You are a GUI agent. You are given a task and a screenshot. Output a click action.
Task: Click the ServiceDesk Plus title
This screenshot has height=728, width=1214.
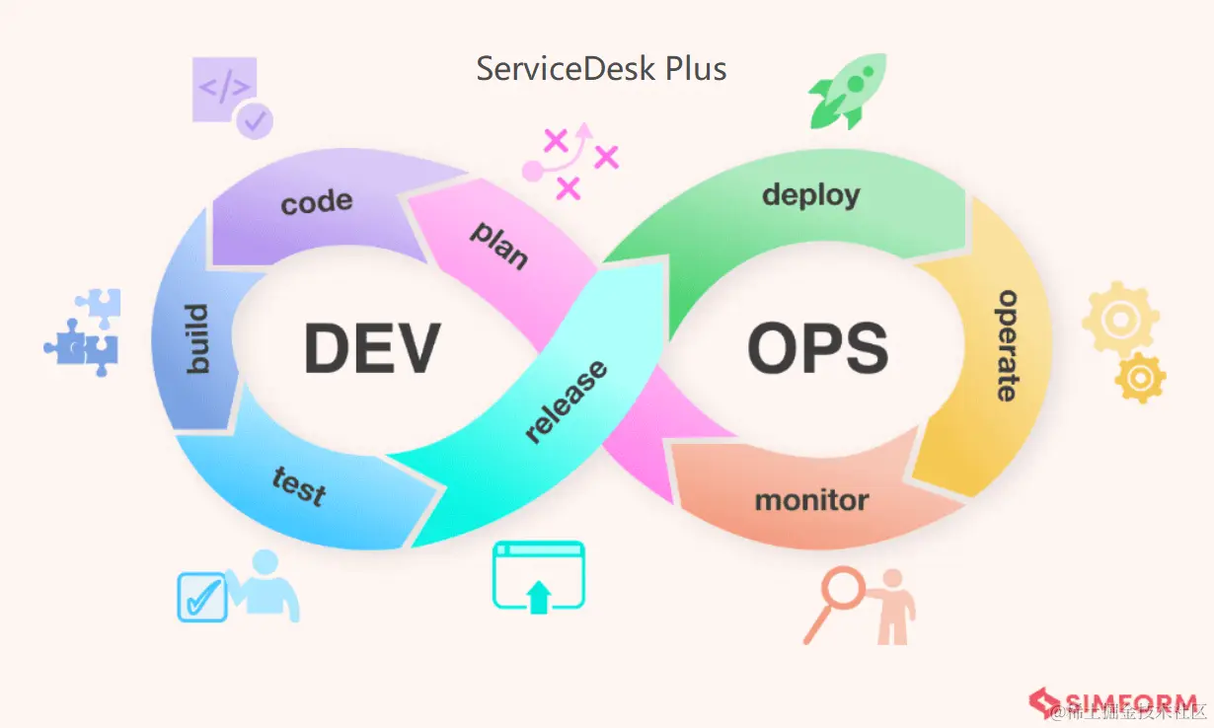[x=601, y=69]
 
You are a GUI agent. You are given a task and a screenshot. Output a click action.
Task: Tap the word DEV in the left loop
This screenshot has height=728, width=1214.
[x=371, y=347]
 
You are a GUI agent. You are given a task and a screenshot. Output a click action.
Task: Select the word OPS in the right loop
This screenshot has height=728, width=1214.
[x=817, y=347]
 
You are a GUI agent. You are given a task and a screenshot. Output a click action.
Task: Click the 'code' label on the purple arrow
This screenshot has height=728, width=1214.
[x=317, y=202]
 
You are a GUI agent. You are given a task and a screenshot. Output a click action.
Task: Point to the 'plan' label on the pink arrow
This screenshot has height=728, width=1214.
[x=499, y=245]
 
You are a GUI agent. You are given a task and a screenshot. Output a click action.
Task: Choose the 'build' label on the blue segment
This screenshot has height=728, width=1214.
[x=198, y=338]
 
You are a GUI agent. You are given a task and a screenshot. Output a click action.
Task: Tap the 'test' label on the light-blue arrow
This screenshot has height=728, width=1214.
[x=298, y=485]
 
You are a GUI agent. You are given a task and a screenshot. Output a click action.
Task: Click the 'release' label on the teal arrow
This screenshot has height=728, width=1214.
[x=566, y=402]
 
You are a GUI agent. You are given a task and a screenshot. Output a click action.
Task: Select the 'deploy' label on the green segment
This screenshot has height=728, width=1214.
[x=810, y=194]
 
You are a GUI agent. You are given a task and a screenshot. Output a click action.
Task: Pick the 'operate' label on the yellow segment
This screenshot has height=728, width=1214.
[x=1007, y=345]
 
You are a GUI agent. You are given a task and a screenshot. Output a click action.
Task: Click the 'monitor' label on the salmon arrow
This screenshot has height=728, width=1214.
[x=811, y=501]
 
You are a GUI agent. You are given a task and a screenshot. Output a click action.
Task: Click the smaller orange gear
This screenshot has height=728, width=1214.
[x=1140, y=377]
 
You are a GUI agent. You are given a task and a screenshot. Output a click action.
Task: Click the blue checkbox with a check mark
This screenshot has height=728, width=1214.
[x=201, y=596]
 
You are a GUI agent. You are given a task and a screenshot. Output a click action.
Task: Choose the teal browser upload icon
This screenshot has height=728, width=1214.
[x=538, y=577]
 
